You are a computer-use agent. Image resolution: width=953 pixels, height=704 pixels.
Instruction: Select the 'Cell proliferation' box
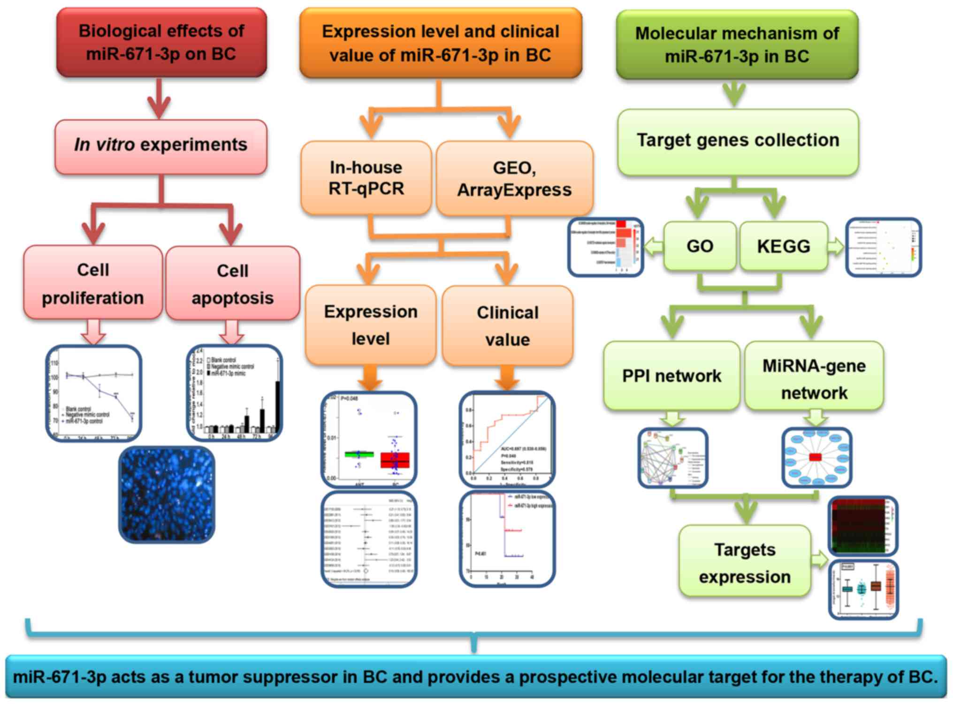pyautogui.click(x=93, y=283)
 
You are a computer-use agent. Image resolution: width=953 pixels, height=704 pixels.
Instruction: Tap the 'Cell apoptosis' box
pyautogui.click(x=233, y=284)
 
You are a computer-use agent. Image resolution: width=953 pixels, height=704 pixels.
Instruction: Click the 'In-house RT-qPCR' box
pyautogui.click(x=366, y=178)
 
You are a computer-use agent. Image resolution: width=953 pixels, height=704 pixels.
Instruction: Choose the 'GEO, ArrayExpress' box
pyautogui.click(x=514, y=179)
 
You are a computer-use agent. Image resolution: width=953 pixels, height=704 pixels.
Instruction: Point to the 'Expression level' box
pyautogui.click(x=371, y=325)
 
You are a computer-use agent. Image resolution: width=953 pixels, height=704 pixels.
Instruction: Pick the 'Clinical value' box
pyautogui.click(x=507, y=326)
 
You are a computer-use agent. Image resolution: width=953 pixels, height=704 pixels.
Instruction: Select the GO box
pyautogui.click(x=700, y=246)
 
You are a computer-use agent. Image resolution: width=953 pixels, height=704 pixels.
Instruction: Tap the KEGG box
pyautogui.click(x=784, y=246)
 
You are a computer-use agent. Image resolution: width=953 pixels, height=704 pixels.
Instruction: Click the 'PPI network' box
pyautogui.click(x=671, y=376)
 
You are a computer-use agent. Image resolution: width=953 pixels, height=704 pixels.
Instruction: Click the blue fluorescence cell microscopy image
pyautogui.click(x=167, y=494)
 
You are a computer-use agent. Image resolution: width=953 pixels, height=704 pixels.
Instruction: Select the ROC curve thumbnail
pyautogui.click(x=507, y=439)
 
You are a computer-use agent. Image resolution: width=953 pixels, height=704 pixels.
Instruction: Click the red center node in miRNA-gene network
pyautogui.click(x=815, y=457)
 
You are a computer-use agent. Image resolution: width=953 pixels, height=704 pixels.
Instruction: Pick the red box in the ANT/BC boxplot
pyautogui.click(x=395, y=460)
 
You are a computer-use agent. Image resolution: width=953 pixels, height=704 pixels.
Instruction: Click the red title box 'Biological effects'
pyautogui.click(x=161, y=42)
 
